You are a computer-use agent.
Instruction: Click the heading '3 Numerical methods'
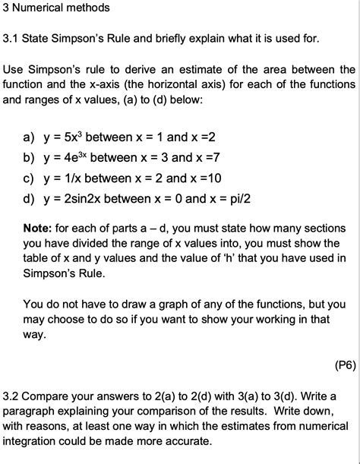(x=56, y=8)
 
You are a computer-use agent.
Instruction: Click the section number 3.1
(x=12, y=37)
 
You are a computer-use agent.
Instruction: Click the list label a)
(x=29, y=138)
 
